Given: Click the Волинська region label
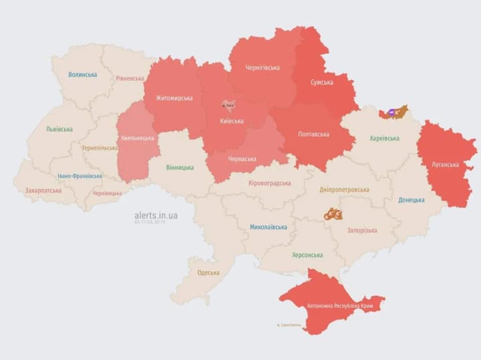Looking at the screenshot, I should click(83, 75).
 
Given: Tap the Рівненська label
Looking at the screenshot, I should click(130, 78).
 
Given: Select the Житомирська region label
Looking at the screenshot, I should click(174, 98).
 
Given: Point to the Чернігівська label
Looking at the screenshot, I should click(263, 67).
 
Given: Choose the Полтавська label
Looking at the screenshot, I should click(313, 134).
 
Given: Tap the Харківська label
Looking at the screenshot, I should click(384, 138).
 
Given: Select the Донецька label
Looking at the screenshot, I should click(411, 200).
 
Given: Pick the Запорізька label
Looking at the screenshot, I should click(361, 230).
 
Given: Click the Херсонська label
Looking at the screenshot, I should click(307, 255).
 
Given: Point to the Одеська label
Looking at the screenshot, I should click(208, 273).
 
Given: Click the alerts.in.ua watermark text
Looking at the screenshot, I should click(156, 215).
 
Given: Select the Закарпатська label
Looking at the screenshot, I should click(43, 190).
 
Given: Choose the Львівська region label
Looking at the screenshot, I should click(59, 129).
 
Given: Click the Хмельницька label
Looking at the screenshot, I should click(138, 138).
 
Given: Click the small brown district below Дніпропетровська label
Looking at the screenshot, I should click(333, 214).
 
